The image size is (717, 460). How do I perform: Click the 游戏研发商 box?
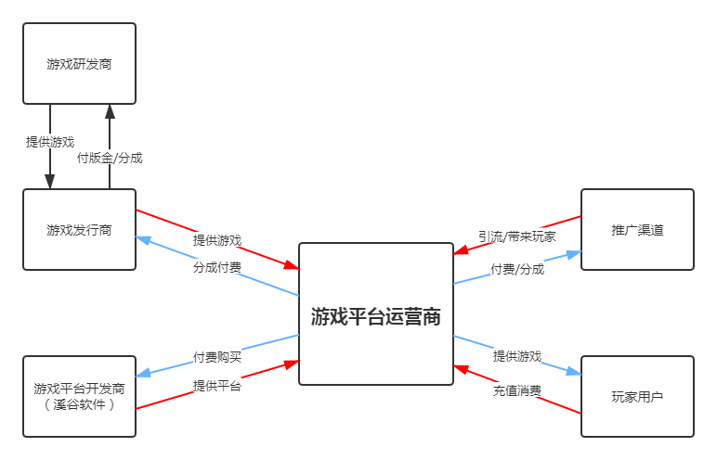[79, 64]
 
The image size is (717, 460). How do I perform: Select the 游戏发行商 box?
[79, 230]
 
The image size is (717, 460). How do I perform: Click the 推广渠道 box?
[637, 230]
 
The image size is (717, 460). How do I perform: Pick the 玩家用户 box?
[637, 396]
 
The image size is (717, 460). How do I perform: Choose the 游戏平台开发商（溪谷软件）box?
[79, 396]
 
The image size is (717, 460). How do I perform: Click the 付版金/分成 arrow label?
[110, 158]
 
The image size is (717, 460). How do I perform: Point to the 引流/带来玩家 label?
[517, 236]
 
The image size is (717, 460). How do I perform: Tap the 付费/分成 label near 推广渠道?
[517, 269]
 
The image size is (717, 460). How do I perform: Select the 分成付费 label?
[217, 266]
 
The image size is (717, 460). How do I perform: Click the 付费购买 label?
[217, 356]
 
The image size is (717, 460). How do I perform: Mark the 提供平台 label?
[217, 386]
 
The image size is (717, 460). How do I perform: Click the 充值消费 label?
[517, 390]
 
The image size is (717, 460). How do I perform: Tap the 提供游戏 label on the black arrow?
[50, 142]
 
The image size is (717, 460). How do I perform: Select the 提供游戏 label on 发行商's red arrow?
[217, 240]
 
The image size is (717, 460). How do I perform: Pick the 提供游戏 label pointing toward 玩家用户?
[517, 356]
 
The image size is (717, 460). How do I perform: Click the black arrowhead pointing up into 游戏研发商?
[110, 111]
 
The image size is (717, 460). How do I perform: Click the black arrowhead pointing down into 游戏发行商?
[50, 182]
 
